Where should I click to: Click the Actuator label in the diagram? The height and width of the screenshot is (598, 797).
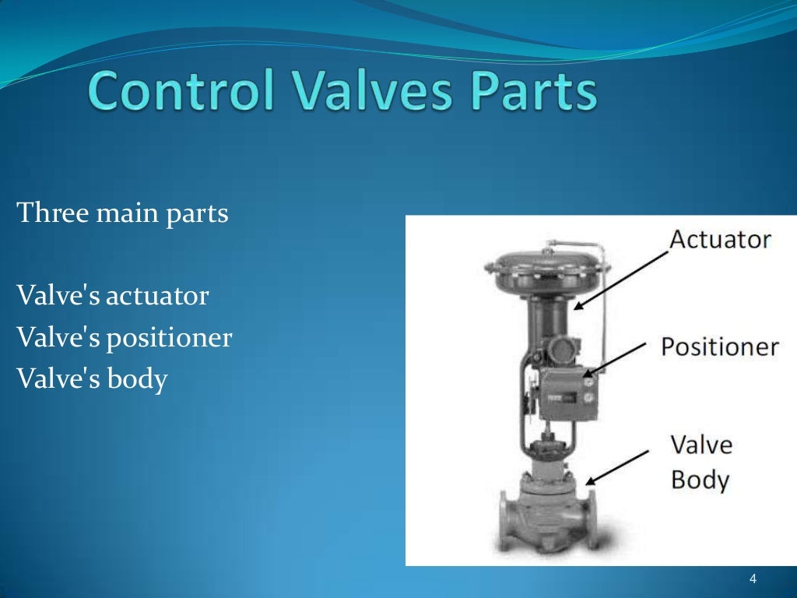click(x=720, y=239)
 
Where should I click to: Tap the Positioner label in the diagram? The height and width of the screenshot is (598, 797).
click(x=720, y=346)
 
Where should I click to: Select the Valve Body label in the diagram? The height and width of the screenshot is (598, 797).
click(x=700, y=463)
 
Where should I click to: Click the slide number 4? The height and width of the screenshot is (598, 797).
click(x=753, y=579)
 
